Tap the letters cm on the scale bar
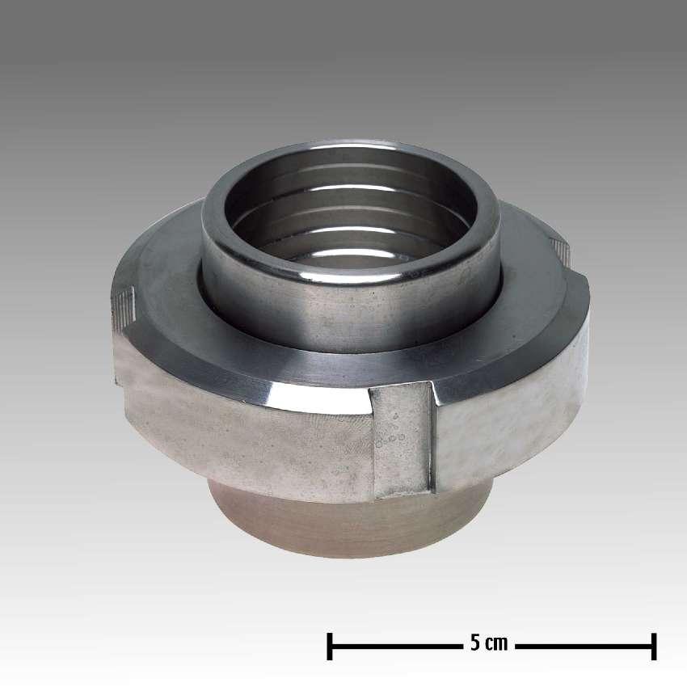point(496,645)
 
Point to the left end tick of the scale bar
point(330,646)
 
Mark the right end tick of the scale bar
point(653,646)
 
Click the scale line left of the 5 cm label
point(396,646)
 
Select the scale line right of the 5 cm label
point(582,646)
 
